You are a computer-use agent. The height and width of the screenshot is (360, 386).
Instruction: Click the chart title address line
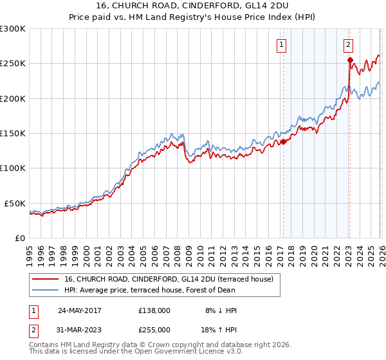pos(193,6)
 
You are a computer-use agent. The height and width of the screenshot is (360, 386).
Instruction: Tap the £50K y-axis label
pos(15,203)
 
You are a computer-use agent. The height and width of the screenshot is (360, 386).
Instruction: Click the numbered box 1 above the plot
pos(282,45)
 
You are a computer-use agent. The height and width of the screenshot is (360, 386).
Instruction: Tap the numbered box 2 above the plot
pos(348,45)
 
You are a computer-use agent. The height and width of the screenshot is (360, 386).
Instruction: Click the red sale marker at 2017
pos(283,142)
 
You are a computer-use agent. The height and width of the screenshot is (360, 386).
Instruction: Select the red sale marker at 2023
pos(350,60)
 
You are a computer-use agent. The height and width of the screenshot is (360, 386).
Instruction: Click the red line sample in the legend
pos(46,279)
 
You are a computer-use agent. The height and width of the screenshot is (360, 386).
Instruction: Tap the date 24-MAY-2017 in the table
pos(79,310)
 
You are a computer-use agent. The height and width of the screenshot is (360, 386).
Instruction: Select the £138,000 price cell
pos(154,310)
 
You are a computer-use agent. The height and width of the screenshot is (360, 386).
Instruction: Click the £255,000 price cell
pos(154,329)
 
